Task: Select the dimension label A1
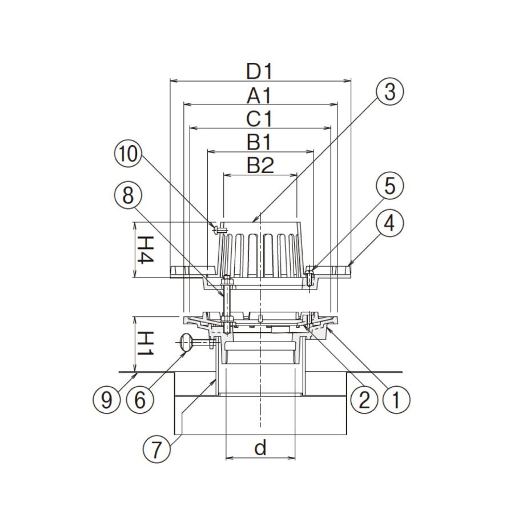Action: [259, 96]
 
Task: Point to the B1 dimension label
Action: [259, 143]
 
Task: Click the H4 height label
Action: [144, 250]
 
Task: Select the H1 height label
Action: [144, 343]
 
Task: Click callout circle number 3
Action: [389, 92]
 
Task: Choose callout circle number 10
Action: [128, 154]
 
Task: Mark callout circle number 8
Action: [128, 196]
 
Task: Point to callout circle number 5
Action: [389, 186]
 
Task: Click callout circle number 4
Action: [389, 224]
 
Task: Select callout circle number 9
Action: [107, 400]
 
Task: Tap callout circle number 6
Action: [140, 400]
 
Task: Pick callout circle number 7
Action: [156, 449]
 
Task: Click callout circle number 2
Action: [364, 400]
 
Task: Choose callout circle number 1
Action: [396, 400]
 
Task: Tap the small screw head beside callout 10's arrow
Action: [216, 230]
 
